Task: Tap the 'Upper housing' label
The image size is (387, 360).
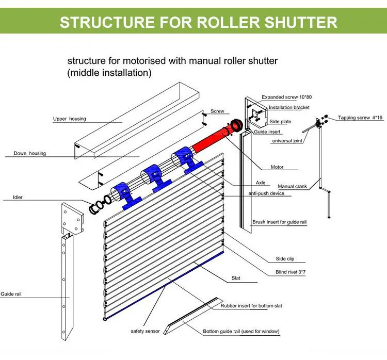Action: pyautogui.click(x=70, y=119)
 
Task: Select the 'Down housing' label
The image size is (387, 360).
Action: pyautogui.click(x=29, y=153)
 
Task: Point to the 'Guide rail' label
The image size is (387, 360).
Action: pyautogui.click(x=11, y=294)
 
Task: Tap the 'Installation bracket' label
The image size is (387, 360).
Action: pyautogui.click(x=289, y=108)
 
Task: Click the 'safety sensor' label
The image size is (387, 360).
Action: pyautogui.click(x=145, y=331)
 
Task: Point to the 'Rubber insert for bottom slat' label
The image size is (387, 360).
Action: pyautogui.click(x=251, y=306)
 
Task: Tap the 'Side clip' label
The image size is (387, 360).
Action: pyautogui.click(x=285, y=259)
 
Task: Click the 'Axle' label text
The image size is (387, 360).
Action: pyautogui.click(x=261, y=183)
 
